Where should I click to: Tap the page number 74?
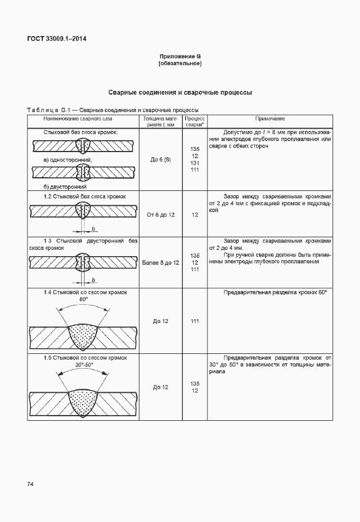tap(30, 484)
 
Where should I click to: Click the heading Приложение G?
tap(180, 56)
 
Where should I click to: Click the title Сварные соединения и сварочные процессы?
tap(180, 92)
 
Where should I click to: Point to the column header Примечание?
tap(270, 118)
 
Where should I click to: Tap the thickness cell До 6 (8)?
tap(161, 160)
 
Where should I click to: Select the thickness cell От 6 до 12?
tap(161, 214)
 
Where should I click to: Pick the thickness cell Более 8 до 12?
tap(161, 262)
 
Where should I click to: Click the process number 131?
tap(195, 163)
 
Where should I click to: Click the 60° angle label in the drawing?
tap(83, 300)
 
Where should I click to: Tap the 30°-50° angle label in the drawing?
tap(83, 365)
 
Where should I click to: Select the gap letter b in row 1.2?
tap(93, 229)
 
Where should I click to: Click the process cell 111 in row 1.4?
tap(195, 321)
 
